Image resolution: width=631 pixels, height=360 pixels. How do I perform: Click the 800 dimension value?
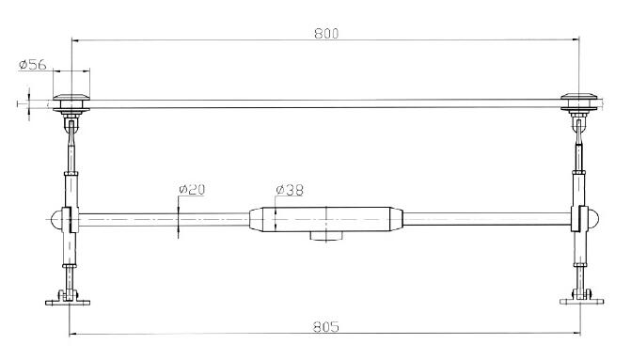326,34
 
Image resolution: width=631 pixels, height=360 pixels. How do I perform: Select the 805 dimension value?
326,326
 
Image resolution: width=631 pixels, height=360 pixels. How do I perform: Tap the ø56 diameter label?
33,64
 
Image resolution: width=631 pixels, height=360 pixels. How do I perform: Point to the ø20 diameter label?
192,189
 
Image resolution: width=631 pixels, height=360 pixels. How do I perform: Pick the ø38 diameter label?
290,190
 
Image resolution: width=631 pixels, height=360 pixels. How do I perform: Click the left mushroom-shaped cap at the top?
71,97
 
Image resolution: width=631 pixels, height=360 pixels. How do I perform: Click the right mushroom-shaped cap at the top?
579,97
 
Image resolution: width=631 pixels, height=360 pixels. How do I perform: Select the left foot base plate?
68,302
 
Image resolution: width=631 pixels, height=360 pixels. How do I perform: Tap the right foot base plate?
581,302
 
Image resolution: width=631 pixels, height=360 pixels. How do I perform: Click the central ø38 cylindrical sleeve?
326,219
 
